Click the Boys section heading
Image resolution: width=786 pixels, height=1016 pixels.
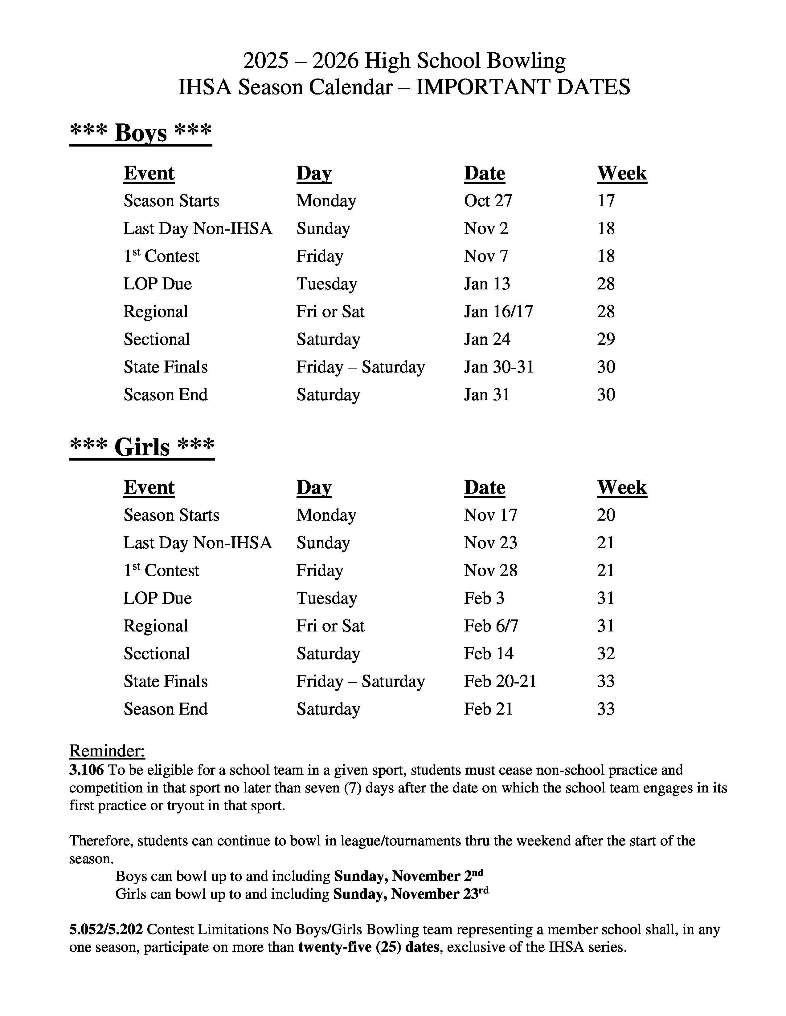141,133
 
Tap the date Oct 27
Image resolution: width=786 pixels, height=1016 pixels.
488,200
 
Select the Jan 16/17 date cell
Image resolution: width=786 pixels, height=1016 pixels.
498,311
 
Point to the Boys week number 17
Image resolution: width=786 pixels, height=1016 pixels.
606,200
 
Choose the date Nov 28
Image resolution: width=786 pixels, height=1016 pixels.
490,570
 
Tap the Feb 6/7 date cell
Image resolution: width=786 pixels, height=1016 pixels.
491,626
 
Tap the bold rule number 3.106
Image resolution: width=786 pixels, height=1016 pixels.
87,770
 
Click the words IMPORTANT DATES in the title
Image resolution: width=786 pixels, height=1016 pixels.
522,87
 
